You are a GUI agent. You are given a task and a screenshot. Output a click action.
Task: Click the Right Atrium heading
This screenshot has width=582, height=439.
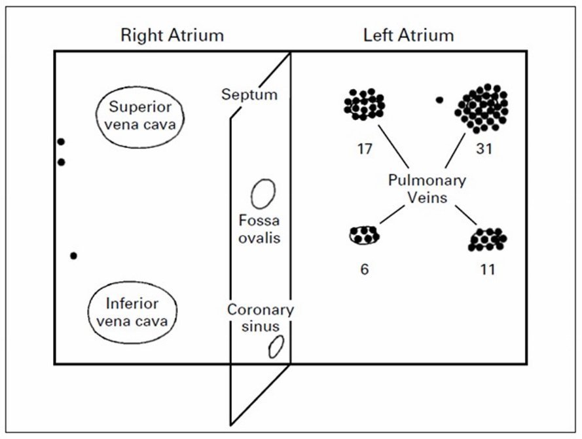click(x=172, y=35)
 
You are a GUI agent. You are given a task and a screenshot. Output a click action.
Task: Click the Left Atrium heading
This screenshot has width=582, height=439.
click(x=409, y=35)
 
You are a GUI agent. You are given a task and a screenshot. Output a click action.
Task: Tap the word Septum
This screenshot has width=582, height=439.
click(x=249, y=94)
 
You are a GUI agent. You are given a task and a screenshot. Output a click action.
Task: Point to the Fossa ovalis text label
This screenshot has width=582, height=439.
click(x=259, y=229)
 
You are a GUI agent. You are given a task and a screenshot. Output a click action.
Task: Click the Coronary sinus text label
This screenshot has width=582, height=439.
click(x=260, y=318)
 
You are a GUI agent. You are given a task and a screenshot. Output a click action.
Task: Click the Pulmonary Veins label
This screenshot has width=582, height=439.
click(x=427, y=189)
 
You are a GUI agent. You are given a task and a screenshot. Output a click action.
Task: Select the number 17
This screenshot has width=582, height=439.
click(x=365, y=149)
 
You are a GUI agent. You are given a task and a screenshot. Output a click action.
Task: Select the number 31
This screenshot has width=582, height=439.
click(x=484, y=149)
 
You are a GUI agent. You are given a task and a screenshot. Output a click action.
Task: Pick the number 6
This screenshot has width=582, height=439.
click(x=365, y=269)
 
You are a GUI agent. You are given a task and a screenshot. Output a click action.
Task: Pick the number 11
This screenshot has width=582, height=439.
click(x=487, y=269)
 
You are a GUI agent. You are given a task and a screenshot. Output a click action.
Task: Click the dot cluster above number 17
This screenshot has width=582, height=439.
click(x=364, y=104)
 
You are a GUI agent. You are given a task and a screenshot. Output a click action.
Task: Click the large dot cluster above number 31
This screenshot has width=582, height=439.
click(x=481, y=108)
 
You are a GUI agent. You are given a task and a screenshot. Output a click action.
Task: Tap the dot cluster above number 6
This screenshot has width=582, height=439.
click(x=364, y=235)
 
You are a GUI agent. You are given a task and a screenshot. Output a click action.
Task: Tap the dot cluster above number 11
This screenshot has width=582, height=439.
click(x=488, y=240)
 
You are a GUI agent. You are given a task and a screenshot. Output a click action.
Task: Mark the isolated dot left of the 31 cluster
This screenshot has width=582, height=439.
click(x=439, y=100)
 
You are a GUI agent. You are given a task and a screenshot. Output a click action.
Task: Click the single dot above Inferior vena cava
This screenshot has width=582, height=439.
click(x=73, y=256)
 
